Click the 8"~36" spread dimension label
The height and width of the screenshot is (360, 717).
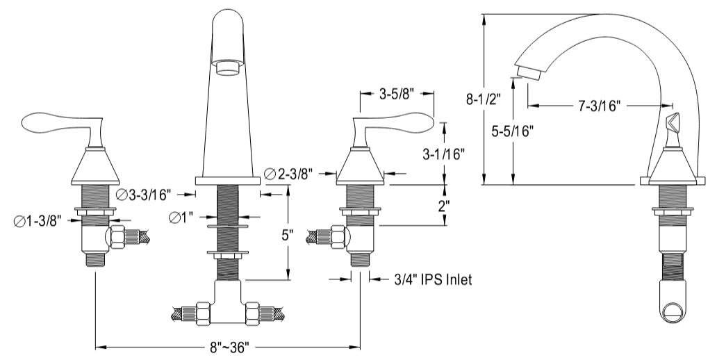[226, 345]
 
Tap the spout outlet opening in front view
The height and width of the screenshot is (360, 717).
[228, 67]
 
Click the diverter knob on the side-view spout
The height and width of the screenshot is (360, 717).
[671, 126]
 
